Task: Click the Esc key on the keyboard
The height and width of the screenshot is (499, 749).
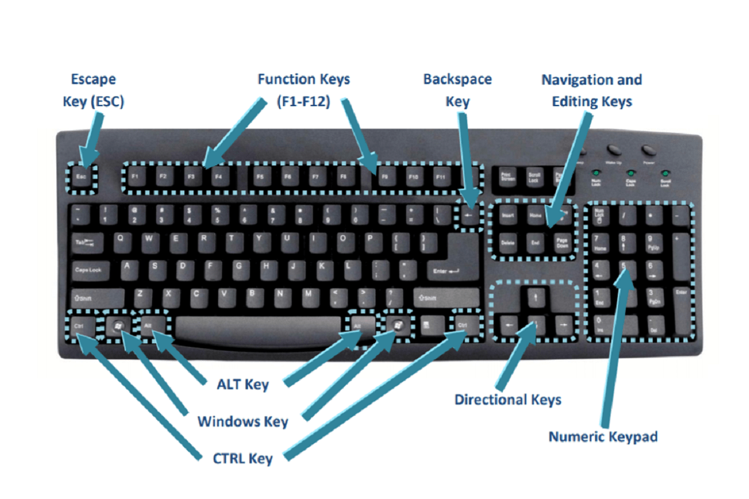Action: [x=81, y=177]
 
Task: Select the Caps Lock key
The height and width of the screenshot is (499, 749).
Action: [x=89, y=269]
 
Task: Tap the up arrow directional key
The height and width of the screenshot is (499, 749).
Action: [x=534, y=297]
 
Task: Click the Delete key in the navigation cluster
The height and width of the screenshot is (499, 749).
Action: [x=507, y=242]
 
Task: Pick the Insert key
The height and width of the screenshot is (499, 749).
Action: [x=507, y=215]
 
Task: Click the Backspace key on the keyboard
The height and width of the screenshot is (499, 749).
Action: [x=470, y=215]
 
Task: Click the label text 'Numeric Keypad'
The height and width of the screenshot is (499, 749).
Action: [x=603, y=437]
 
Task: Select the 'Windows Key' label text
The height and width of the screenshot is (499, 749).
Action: [x=243, y=422]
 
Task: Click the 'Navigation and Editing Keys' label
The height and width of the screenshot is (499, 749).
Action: [x=591, y=90]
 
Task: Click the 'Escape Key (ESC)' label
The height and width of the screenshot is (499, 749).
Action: [x=93, y=90]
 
